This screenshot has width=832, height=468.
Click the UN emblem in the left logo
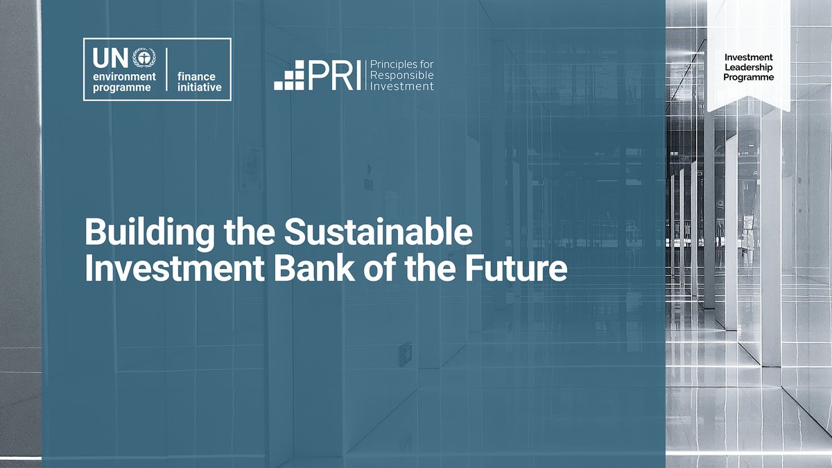pos(143,56)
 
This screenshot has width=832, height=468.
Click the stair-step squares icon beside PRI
pos(290,76)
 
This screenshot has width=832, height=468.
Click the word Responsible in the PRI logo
pos(403,76)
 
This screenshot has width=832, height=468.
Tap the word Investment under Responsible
pos(402,86)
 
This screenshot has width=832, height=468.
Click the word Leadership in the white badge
pos(748,67)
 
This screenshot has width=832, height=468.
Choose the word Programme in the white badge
pos(748,78)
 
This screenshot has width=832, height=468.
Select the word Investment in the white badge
pos(748,57)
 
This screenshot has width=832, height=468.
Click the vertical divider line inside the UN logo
pos(167,70)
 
